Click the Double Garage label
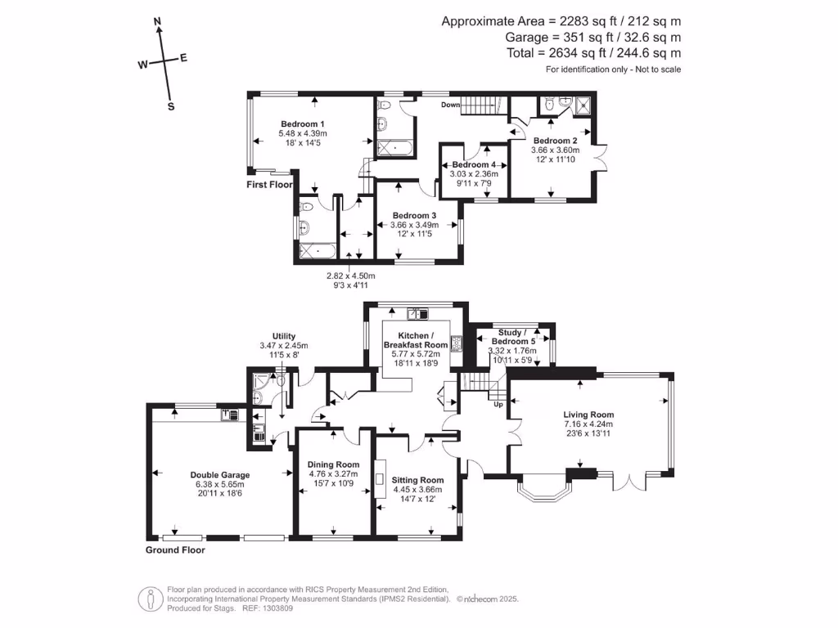pos(219,474)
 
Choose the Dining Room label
pos(334,464)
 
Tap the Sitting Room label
pos(417,480)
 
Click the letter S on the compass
pos(171,105)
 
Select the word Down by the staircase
pos(451,105)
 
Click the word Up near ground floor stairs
pos(497,404)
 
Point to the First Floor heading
pos(270,185)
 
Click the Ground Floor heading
pos(175,550)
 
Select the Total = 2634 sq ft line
pos(593,53)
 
